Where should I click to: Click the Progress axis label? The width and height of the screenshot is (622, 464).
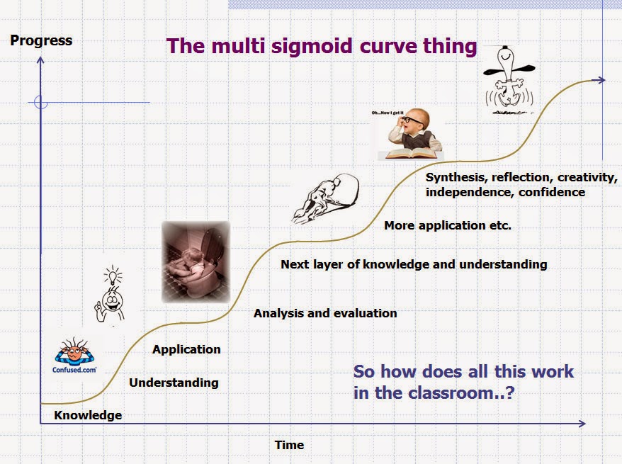point(41,40)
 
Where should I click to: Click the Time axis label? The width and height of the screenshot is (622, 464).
point(289,445)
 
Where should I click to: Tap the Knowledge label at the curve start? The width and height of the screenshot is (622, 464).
point(88,415)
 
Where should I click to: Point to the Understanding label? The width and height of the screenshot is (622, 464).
point(174,383)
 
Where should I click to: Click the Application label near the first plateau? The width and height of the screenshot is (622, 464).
point(186,349)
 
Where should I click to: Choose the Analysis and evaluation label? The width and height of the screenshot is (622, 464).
point(325,313)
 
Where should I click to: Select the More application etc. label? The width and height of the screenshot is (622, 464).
point(447,226)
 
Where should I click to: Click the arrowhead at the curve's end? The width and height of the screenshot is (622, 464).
point(601,80)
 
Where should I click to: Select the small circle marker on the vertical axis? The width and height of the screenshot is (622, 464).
point(41,103)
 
